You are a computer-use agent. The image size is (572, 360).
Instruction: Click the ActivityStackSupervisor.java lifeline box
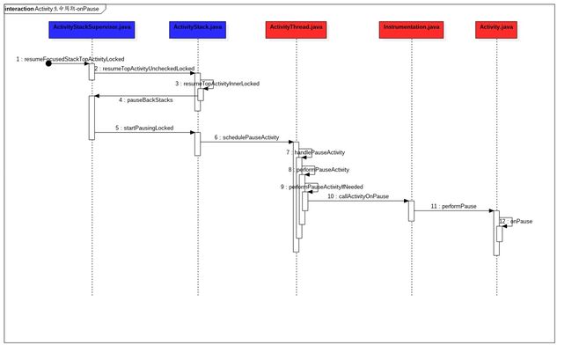pyautogui.click(x=92, y=28)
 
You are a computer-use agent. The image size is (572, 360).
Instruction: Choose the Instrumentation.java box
pyautogui.click(x=410, y=28)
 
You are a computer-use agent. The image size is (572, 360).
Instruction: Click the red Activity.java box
pyautogui.click(x=496, y=28)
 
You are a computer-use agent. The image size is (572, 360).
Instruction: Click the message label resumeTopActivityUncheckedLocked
pyautogui.click(x=147, y=69)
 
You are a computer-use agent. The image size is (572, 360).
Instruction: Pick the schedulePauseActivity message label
pyautogui.click(x=248, y=137)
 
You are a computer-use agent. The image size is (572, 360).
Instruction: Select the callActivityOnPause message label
pyautogui.click(x=361, y=196)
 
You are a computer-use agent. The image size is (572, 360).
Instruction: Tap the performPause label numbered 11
pyautogui.click(x=456, y=206)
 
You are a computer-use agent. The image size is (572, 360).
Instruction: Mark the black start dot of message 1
pyautogui.click(x=48, y=63)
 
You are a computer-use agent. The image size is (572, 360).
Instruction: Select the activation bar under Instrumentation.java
pyautogui.click(x=410, y=210)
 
